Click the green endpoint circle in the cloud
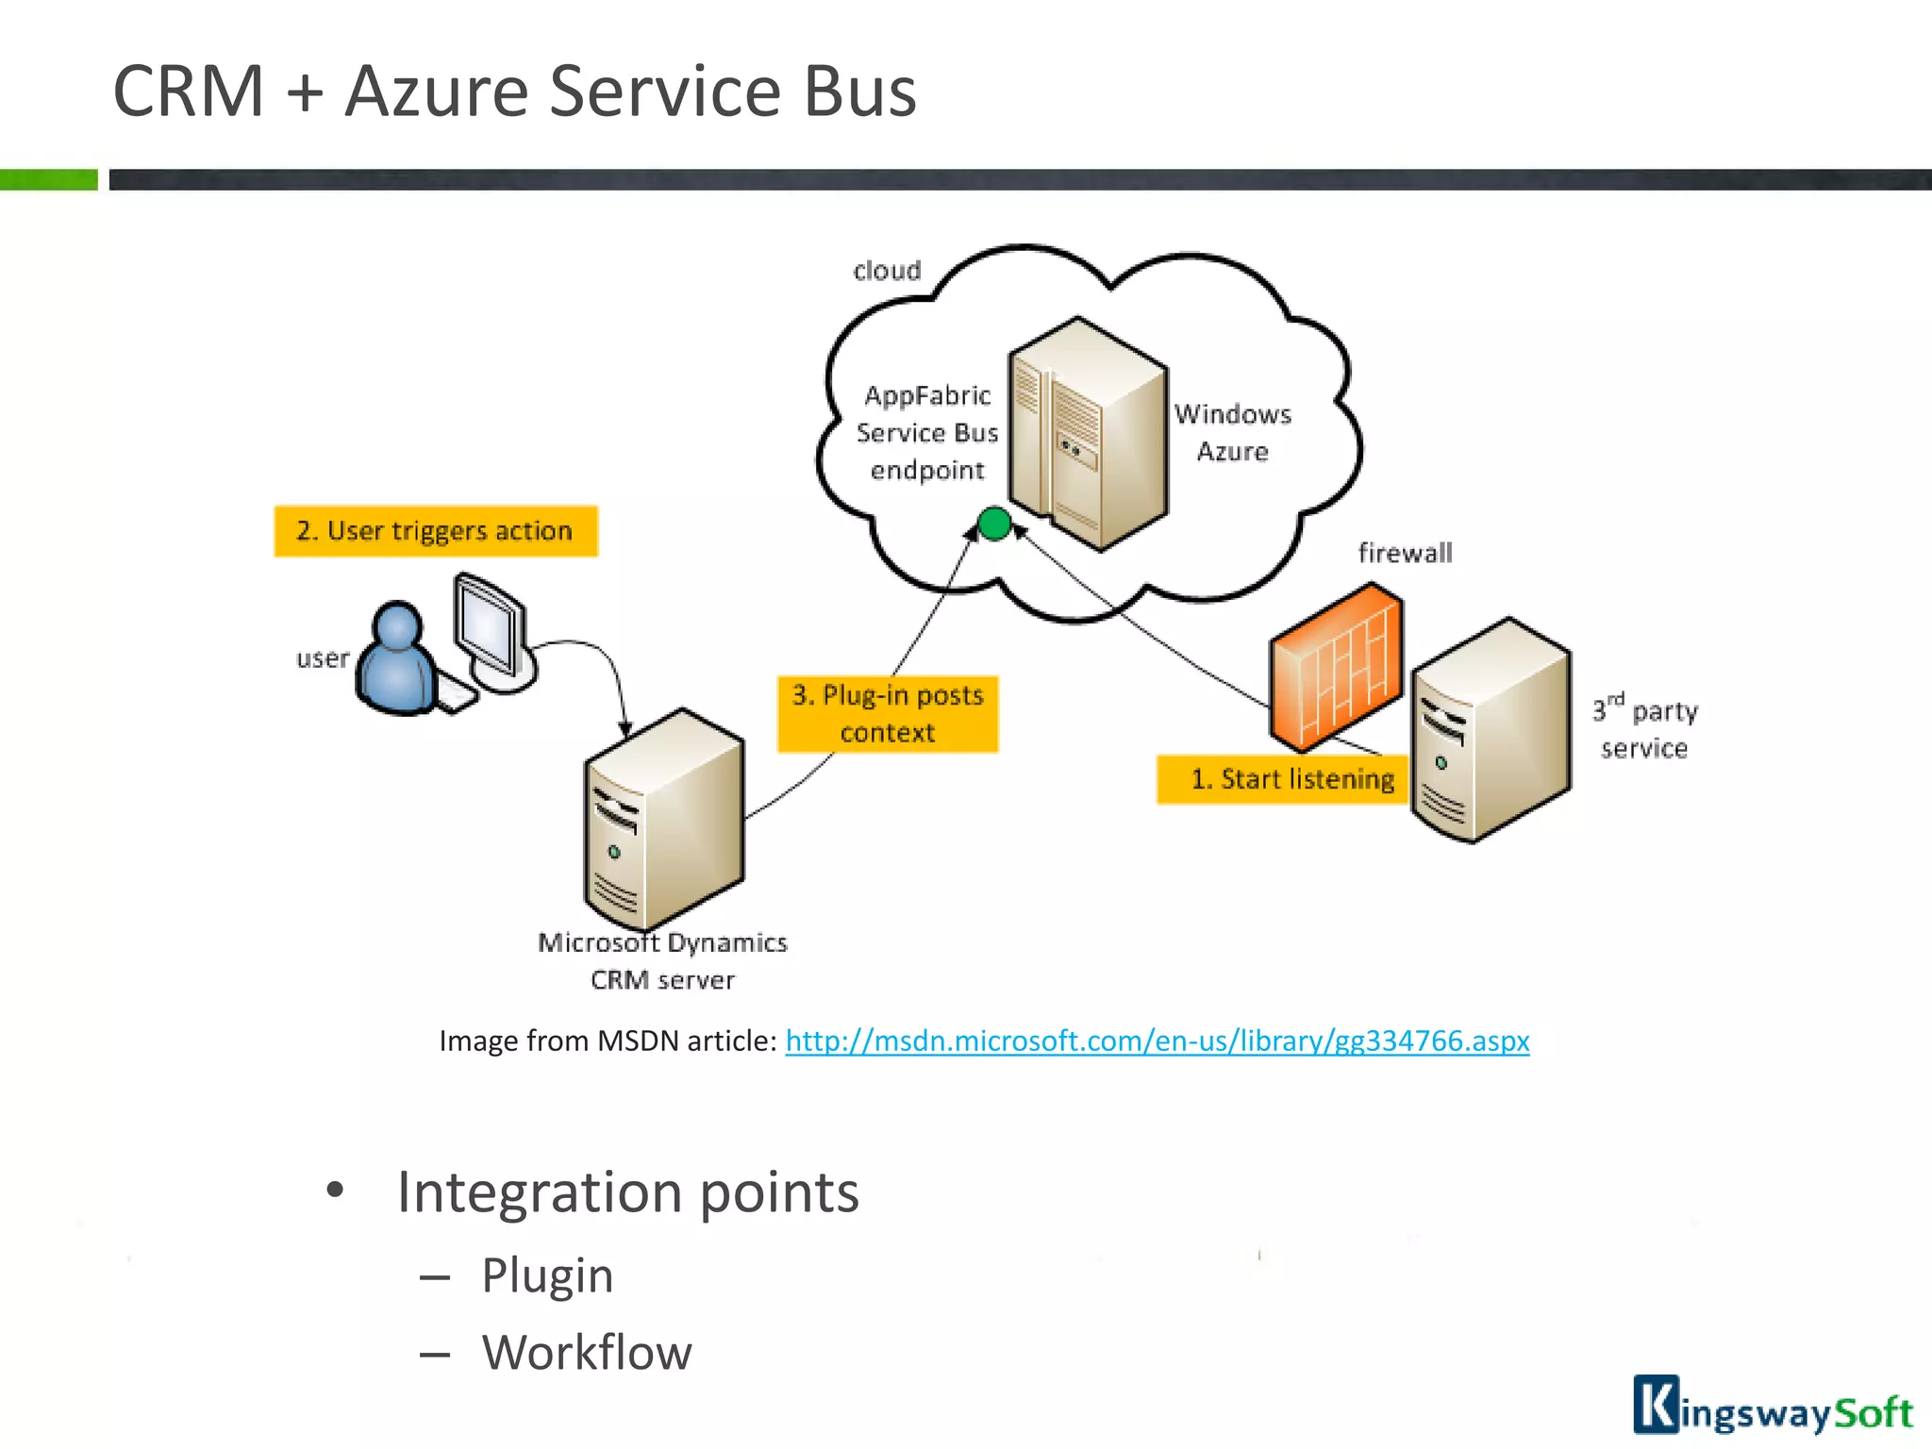993,524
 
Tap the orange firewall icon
1335,667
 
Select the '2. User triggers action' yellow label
435,531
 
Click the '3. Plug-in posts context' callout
887,714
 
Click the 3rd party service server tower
1491,730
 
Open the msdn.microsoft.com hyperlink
1157,1041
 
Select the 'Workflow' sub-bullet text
587,1352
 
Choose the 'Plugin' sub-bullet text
547,1275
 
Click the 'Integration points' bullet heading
627,1192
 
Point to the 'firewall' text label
1405,553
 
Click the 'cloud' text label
887,271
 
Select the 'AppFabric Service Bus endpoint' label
926,433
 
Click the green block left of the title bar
48,179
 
